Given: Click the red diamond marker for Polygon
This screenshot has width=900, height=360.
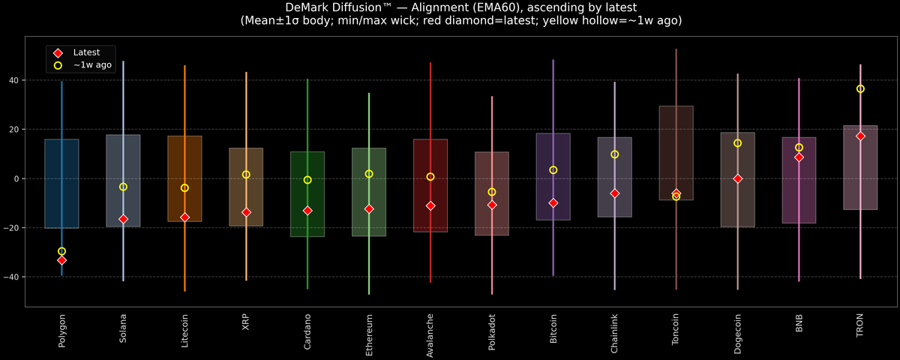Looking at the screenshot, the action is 61,260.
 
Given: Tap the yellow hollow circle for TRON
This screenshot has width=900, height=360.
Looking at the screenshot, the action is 860,88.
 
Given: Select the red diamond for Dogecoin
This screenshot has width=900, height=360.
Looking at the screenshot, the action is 738,178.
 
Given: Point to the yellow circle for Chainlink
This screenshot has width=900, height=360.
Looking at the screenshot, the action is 614,154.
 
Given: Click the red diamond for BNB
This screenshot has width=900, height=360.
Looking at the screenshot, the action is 799,157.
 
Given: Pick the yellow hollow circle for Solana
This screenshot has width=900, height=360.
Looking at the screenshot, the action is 123,187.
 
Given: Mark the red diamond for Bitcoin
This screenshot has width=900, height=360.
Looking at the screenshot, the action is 553,203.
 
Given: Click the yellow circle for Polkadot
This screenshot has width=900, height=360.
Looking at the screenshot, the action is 492,192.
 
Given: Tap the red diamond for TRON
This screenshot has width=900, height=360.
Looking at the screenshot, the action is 860,136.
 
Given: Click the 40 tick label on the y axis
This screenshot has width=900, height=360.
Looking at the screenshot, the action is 14,80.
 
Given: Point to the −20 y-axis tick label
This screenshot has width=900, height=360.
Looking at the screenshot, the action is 10,228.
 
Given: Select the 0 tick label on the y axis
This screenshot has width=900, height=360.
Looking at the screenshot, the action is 16,178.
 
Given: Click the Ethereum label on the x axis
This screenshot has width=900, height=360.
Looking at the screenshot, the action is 369,335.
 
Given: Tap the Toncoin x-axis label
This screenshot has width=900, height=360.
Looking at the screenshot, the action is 676,329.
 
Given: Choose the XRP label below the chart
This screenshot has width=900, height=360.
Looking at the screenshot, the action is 246,322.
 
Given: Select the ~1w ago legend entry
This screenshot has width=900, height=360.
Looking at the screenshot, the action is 82,65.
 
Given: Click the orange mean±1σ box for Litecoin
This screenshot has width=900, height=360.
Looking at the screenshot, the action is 184,178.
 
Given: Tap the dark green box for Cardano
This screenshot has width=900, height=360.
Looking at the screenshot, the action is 307,194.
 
